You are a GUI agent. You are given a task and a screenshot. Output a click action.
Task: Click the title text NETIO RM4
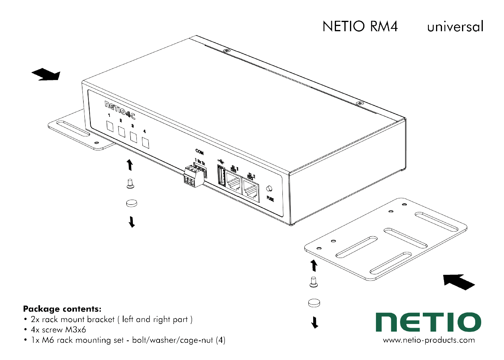[x=360, y=26]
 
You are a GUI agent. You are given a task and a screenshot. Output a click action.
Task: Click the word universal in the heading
[x=455, y=26]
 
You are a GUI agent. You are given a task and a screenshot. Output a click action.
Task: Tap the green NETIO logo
[x=428, y=322]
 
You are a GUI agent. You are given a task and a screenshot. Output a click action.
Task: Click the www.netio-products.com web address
[x=429, y=340]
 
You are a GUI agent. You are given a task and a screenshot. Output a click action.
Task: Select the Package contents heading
[x=62, y=309]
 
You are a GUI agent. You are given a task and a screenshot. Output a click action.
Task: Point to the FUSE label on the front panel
[x=270, y=199]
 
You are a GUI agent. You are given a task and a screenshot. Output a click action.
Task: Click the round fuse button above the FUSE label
[x=269, y=188]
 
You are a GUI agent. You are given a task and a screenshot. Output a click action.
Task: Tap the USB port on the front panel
[x=222, y=176]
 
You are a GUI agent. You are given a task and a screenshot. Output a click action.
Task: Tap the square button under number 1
[x=110, y=127]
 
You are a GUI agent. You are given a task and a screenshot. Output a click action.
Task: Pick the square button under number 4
[x=145, y=143]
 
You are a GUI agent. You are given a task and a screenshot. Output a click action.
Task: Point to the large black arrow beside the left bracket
[x=46, y=74]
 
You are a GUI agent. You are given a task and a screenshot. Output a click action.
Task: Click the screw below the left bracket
[x=130, y=184]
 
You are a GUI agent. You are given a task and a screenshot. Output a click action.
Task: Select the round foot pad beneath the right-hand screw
[x=314, y=303]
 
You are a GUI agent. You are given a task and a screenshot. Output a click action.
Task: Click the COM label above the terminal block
[x=199, y=152]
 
